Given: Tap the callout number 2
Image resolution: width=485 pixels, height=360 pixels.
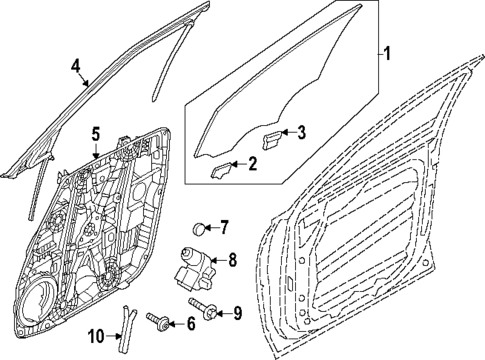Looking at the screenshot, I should tap(253, 164).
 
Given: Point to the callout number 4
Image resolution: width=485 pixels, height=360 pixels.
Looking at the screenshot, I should tap(74, 68).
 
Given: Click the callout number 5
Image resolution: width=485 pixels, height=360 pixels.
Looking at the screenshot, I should tap(95, 132).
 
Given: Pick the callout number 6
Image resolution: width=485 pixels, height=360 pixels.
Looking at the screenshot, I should tap(189, 322).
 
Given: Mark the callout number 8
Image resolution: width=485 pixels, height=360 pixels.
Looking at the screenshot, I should tap(232, 262).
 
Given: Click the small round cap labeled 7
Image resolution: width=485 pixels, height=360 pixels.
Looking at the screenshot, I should tap(197, 227).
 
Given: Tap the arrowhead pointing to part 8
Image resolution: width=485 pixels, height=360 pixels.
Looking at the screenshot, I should tap(214, 262).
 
